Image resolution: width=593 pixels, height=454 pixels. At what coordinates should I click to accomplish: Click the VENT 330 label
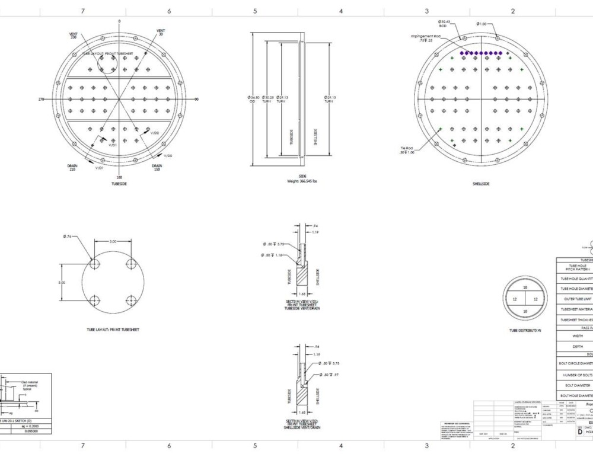(73, 36)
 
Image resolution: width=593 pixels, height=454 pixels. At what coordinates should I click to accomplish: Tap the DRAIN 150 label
(157, 167)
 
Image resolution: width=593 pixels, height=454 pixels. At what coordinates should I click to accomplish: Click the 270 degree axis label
(42, 99)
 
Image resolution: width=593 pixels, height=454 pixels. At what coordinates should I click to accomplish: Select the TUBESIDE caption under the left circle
(119, 183)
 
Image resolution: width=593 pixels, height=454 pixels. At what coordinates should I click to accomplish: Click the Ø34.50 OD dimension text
(251, 99)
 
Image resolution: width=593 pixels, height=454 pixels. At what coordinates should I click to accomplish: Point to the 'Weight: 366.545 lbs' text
(302, 181)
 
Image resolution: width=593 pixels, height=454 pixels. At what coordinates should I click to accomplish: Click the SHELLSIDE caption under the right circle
(480, 184)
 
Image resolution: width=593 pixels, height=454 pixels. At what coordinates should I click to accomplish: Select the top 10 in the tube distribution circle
(525, 287)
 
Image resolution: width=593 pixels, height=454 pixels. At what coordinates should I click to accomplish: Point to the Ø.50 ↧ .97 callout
(330, 375)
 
